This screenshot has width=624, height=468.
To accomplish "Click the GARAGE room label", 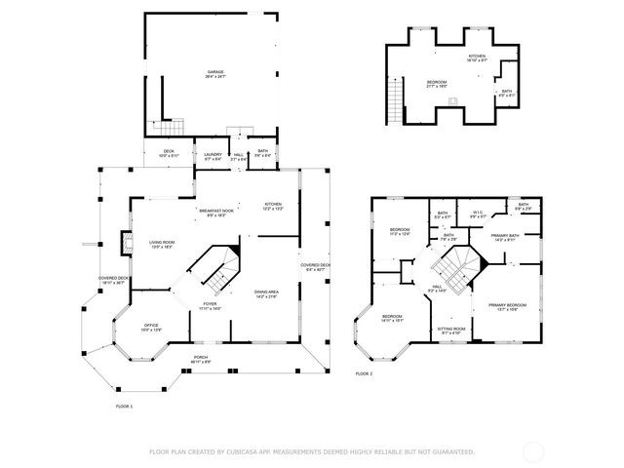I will click(214, 72).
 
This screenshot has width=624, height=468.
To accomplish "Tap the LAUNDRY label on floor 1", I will click(214, 155).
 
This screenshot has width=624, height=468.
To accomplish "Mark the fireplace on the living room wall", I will click(123, 240).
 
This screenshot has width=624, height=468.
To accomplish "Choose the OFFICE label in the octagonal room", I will click(151, 327).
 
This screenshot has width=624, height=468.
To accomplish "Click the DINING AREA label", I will click(267, 294).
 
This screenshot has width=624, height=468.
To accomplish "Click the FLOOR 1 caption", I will click(124, 405).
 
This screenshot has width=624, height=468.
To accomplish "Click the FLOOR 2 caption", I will click(364, 373).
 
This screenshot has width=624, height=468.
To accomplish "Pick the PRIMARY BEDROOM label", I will click(505, 307).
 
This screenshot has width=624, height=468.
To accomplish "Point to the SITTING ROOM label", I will click(450, 331).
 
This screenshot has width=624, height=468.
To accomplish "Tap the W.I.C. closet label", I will click(478, 214).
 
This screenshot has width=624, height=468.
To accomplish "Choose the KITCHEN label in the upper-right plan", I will click(476, 58).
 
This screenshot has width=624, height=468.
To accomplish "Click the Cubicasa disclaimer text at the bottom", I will click(311, 451).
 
